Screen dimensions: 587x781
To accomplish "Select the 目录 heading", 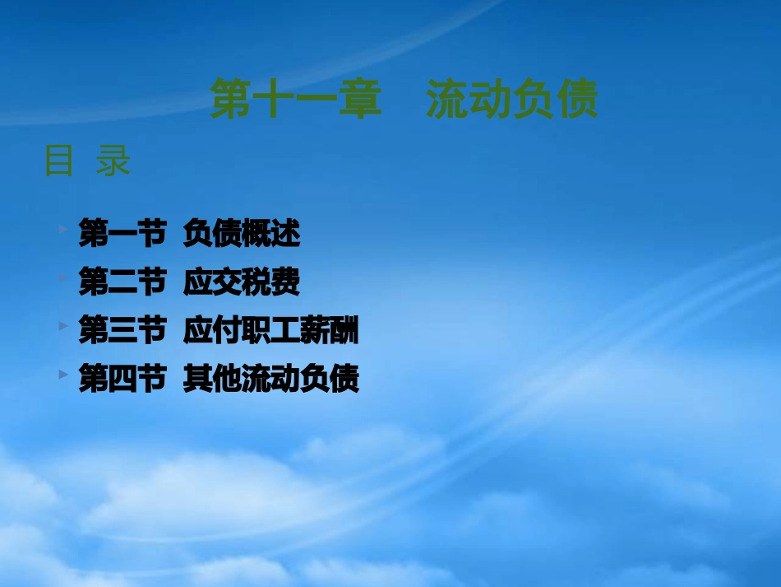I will coord(87,161).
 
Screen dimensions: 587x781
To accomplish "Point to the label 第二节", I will coord(122,283).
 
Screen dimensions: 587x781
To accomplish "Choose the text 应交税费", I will coord(242,283).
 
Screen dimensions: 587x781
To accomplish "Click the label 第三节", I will coord(122,332).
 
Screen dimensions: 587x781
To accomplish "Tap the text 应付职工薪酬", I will coord(271,332).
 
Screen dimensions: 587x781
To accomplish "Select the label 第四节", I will coord(122,380).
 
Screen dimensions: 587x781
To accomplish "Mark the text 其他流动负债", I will coord(271,380).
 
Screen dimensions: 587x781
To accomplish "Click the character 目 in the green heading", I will coord(58,161).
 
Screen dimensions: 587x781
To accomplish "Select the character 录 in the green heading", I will coord(113,161).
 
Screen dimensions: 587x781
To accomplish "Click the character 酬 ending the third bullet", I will coord(344,332).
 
